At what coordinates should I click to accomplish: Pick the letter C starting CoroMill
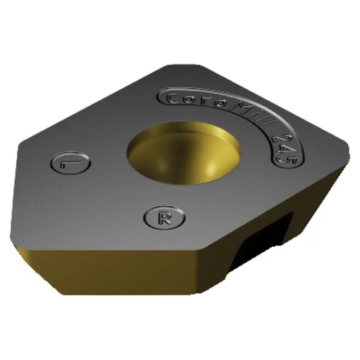(x=171, y=99)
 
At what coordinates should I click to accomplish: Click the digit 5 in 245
(x=286, y=159)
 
